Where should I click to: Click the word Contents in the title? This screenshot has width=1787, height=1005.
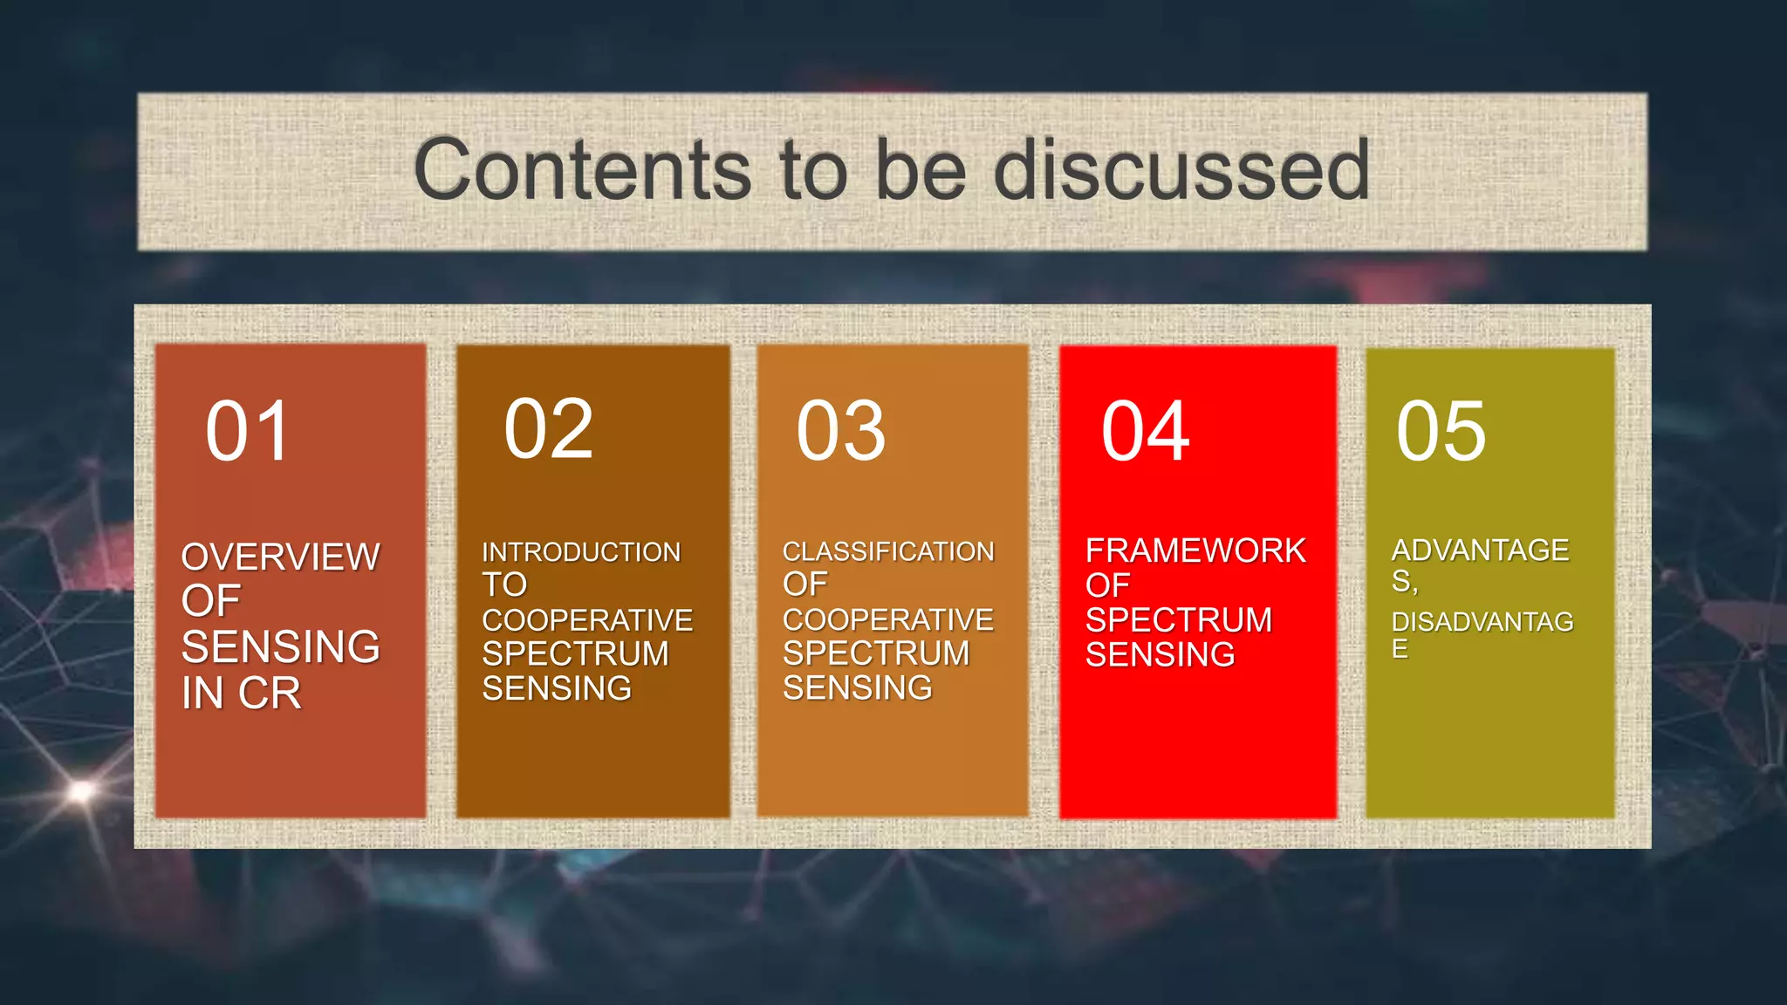tap(581, 170)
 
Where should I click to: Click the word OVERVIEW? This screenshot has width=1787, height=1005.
tap(280, 557)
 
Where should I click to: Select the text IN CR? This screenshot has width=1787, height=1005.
tap(241, 694)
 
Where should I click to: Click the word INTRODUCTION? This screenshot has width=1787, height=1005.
tap(581, 552)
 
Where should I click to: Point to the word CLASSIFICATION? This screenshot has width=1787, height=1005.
tap(887, 551)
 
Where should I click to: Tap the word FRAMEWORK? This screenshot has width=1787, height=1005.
tap(1195, 551)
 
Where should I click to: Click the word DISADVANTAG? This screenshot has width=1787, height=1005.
tap(1482, 622)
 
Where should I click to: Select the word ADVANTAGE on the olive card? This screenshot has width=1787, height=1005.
tap(1480, 550)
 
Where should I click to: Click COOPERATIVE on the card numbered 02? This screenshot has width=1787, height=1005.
tap(587, 620)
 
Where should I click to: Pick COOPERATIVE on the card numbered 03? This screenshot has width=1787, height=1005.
tap(887, 619)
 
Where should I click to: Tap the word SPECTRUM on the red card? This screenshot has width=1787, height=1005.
tap(1178, 620)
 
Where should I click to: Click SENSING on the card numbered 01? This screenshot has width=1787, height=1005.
tap(280, 647)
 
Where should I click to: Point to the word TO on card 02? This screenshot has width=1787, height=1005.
tap(504, 585)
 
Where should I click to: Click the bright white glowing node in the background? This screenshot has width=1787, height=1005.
tap(81, 791)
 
